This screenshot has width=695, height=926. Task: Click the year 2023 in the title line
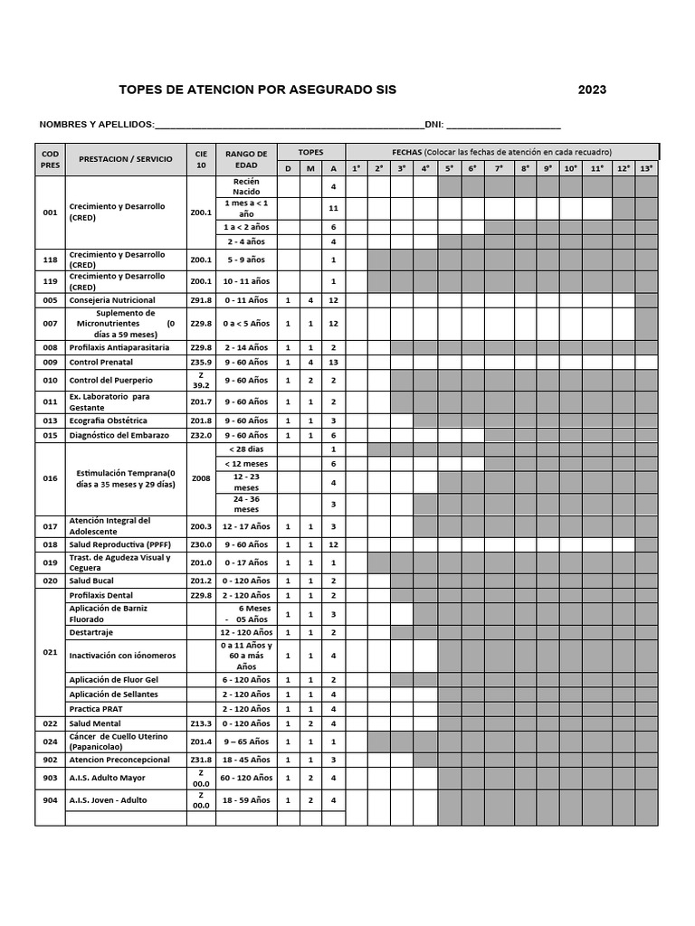click(592, 90)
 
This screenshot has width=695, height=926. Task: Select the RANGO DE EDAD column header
click(246, 160)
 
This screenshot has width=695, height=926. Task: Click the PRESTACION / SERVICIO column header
click(125, 159)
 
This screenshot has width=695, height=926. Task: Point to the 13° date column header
click(646, 168)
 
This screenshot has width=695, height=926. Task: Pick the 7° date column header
click(499, 168)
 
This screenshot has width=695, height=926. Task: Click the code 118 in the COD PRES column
click(50, 260)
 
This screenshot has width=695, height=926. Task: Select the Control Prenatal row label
click(100, 362)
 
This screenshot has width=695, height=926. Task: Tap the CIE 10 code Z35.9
click(201, 362)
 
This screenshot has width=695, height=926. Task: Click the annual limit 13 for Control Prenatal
click(333, 362)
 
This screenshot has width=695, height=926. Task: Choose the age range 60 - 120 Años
click(246, 778)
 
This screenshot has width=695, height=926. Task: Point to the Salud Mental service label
click(94, 723)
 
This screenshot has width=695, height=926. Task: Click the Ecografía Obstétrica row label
click(108, 420)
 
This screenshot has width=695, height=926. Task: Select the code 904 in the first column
click(50, 800)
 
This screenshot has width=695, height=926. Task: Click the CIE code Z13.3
click(201, 723)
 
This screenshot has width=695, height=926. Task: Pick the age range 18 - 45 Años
click(246, 760)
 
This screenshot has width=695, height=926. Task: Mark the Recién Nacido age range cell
click(246, 186)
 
